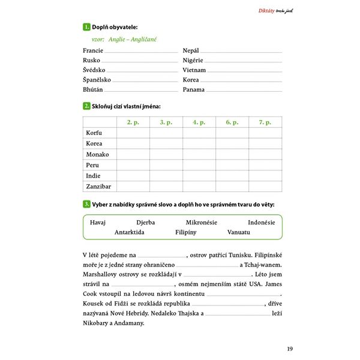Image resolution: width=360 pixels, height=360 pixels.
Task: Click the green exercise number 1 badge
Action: click(x=86, y=26)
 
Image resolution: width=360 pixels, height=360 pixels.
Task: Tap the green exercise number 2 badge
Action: click(x=86, y=106)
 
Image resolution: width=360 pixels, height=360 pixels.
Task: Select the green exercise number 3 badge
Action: click(x=86, y=205)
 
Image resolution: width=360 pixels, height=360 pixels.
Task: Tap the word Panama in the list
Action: click(x=194, y=90)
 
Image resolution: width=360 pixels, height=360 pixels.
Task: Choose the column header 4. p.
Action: click(x=199, y=122)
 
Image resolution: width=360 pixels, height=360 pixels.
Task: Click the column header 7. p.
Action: click(x=265, y=122)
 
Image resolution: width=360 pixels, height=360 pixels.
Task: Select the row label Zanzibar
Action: click(x=98, y=187)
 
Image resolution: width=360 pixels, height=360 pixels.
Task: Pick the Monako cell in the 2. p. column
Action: click(x=133, y=154)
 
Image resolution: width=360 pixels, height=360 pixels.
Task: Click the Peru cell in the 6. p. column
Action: click(x=232, y=165)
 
